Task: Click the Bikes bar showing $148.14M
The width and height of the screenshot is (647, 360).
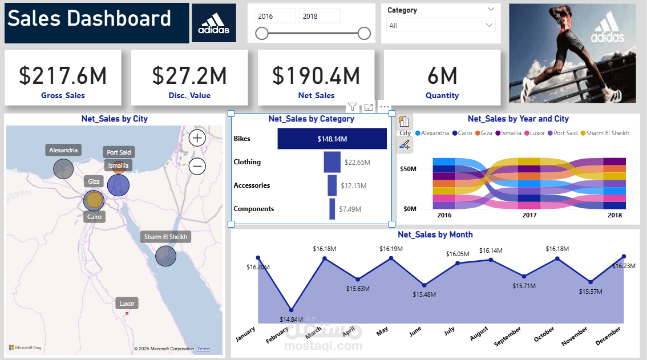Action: [331, 139]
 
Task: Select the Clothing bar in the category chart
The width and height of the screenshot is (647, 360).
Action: [332, 162]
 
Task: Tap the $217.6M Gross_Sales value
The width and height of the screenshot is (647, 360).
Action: [63, 76]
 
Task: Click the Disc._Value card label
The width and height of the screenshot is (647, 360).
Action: [189, 96]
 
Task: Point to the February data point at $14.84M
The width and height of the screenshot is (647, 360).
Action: [292, 310]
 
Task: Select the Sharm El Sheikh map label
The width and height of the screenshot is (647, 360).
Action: [165, 237]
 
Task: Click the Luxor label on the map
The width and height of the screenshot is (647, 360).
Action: [127, 304]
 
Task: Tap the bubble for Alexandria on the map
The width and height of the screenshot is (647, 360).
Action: [63, 168]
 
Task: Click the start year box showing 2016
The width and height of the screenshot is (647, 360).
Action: [274, 17]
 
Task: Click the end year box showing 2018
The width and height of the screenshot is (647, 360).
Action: [319, 17]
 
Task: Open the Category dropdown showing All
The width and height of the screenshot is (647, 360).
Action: [440, 25]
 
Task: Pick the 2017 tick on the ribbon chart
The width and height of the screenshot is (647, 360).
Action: [529, 216]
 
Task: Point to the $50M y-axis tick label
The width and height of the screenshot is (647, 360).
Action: [407, 169]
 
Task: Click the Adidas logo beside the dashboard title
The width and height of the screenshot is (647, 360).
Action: [214, 23]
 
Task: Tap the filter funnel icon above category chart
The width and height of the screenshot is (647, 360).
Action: [353, 107]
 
